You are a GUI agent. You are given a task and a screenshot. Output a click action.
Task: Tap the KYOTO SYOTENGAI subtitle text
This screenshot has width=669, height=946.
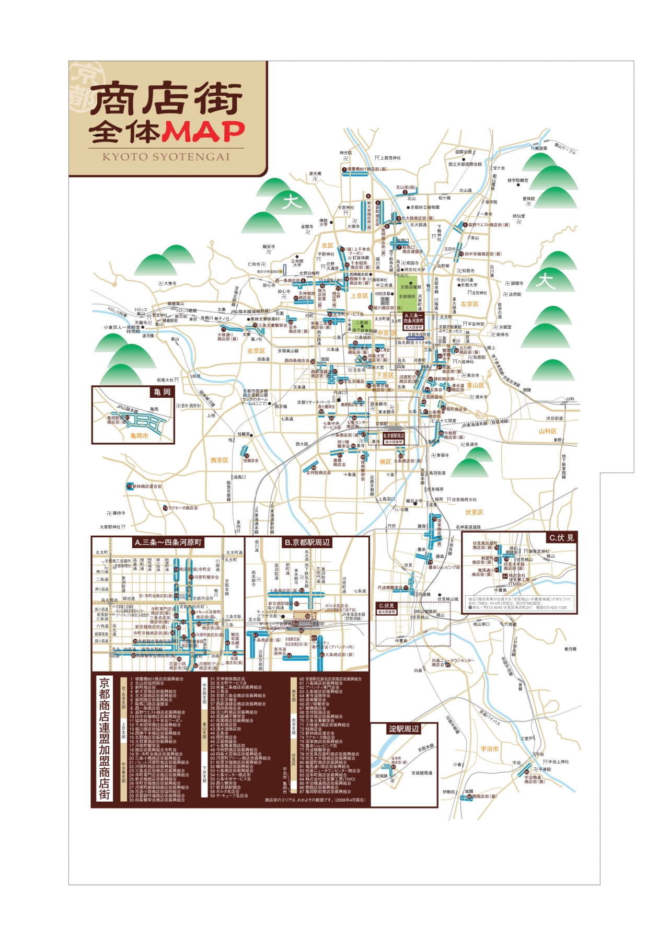(x=166, y=157)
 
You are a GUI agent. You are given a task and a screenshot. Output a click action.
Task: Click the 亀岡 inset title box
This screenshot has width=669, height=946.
(x=162, y=392)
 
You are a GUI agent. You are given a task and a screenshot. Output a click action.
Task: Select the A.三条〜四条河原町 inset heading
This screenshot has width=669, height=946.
(x=168, y=543)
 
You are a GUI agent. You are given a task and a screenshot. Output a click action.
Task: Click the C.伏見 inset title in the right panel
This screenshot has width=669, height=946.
(x=561, y=537)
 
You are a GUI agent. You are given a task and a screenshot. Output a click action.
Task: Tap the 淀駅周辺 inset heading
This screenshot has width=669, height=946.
(x=403, y=729)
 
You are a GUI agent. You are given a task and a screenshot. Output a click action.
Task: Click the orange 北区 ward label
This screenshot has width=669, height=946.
(x=327, y=246)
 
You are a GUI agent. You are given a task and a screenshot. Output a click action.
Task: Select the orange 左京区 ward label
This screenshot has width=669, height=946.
(x=469, y=304)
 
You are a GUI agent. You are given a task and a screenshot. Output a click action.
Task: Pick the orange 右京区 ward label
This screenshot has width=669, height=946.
(x=256, y=351)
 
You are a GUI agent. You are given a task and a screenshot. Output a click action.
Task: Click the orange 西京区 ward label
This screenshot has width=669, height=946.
(x=220, y=460)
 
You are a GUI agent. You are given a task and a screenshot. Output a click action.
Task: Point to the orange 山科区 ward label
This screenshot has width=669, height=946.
(x=547, y=431)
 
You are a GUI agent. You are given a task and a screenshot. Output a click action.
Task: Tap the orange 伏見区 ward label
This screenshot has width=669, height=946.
(x=474, y=512)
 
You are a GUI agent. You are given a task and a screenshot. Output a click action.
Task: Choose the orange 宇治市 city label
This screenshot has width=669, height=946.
(x=489, y=749)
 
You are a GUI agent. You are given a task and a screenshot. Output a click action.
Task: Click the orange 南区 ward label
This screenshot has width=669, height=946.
(x=385, y=462)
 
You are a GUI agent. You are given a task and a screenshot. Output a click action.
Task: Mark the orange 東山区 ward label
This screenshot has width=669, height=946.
(x=475, y=385)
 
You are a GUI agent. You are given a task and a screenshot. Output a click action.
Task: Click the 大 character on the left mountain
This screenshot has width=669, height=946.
(x=291, y=201)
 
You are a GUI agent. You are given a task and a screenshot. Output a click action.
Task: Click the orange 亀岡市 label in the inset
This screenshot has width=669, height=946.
(x=139, y=435)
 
